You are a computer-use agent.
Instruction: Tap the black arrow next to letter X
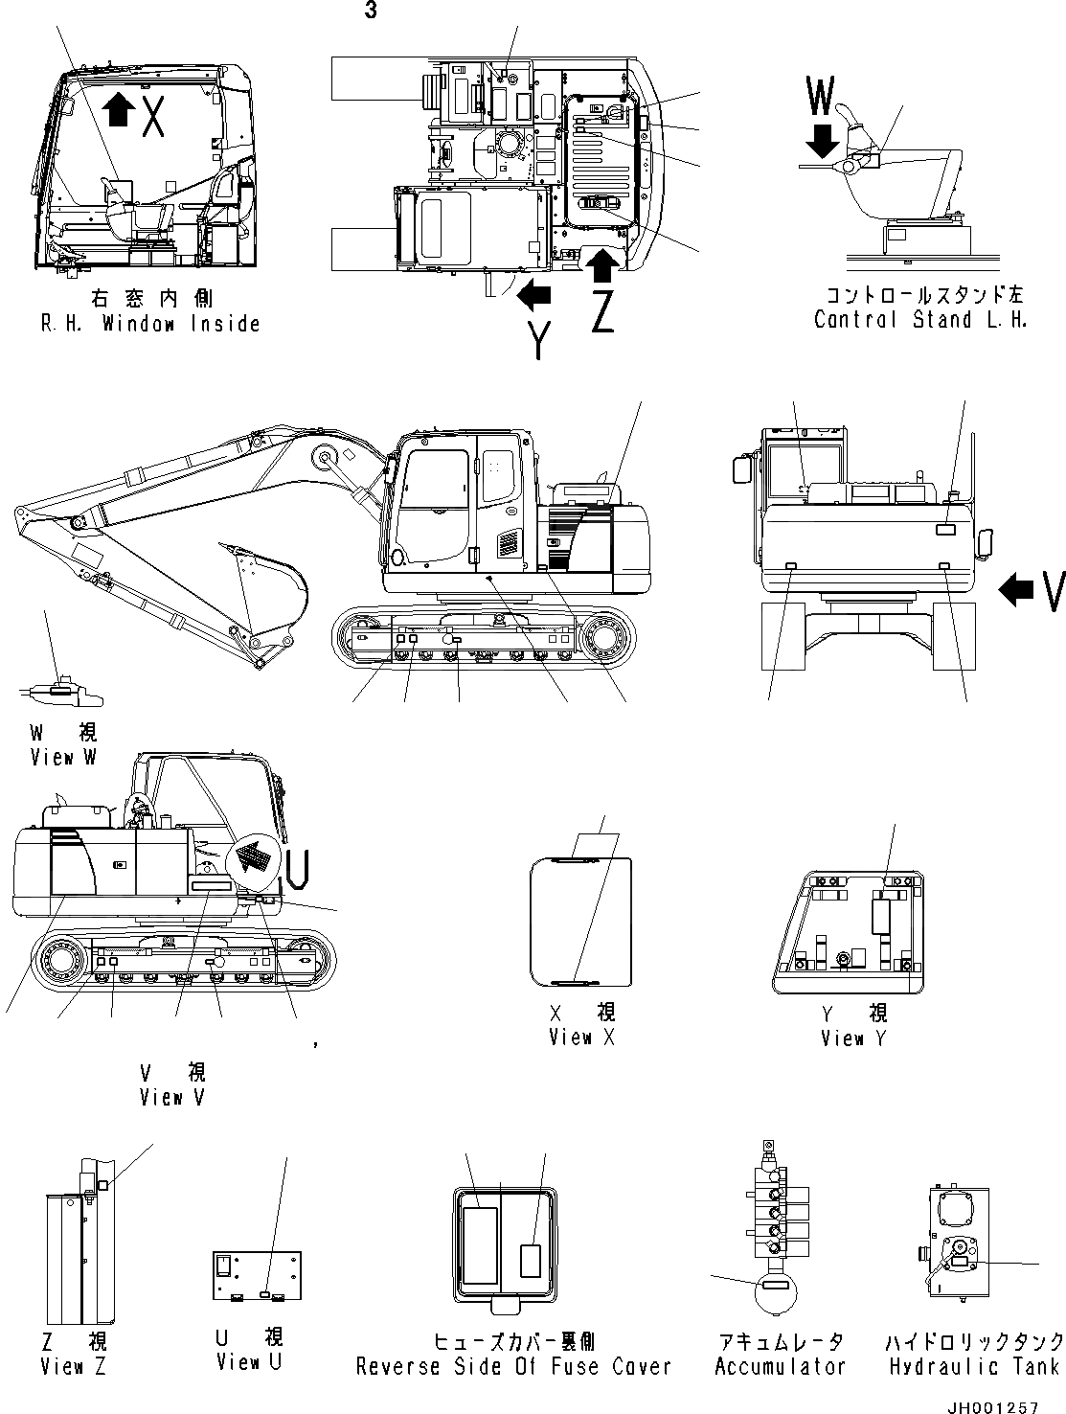click(x=118, y=109)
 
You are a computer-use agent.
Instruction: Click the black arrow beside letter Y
click(x=534, y=296)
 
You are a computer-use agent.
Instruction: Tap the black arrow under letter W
click(x=822, y=144)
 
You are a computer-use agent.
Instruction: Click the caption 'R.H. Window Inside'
click(x=150, y=324)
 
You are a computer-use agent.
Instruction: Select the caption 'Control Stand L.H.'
click(x=920, y=320)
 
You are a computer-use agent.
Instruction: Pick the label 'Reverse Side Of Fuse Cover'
click(x=513, y=1366)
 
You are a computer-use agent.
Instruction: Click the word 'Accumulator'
click(x=781, y=1366)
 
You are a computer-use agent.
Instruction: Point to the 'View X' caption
click(x=582, y=1037)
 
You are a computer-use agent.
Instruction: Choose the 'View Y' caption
click(x=853, y=1038)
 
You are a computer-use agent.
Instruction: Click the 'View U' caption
click(x=249, y=1361)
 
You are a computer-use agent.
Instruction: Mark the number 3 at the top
click(x=371, y=11)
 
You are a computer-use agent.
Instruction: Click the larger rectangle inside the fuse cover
click(x=480, y=1244)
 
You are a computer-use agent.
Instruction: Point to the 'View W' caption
click(x=63, y=757)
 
